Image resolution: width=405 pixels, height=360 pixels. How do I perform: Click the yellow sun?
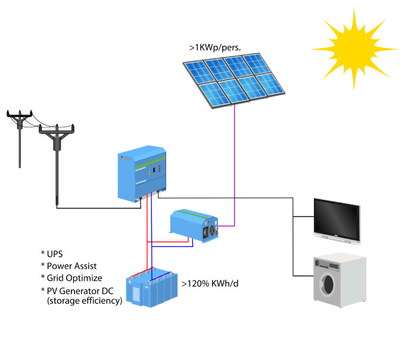pyautogui.click(x=353, y=48)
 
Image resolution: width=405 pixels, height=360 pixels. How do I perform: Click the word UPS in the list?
pyautogui.click(x=56, y=254)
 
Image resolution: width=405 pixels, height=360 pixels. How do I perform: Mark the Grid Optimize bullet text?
pyautogui.click(x=74, y=278)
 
